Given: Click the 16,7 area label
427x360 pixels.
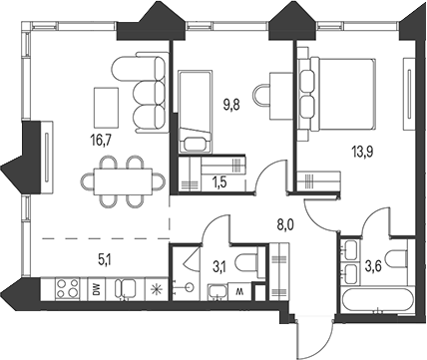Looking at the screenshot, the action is [100, 141].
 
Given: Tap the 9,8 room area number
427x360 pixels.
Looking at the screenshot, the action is [231, 106].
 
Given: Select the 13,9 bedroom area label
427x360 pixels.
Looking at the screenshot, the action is [362, 153].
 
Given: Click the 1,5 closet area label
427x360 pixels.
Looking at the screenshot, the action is [218, 182].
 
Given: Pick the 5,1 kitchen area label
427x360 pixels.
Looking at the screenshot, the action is [105, 260].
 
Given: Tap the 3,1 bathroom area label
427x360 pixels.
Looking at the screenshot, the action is [218, 267].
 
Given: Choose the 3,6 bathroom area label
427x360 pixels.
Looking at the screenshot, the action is [373, 267].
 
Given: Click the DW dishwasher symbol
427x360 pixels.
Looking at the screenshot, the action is [97, 289].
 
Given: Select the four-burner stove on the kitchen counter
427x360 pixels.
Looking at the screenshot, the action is [67, 288].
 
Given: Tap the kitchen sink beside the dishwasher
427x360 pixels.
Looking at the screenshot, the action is [126, 288].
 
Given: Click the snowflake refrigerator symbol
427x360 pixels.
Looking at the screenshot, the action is [156, 289].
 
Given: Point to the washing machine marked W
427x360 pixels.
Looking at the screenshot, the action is [238, 292].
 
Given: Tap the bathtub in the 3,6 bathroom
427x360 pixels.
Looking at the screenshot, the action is [376, 301].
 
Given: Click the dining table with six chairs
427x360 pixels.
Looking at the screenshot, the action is [123, 181].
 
